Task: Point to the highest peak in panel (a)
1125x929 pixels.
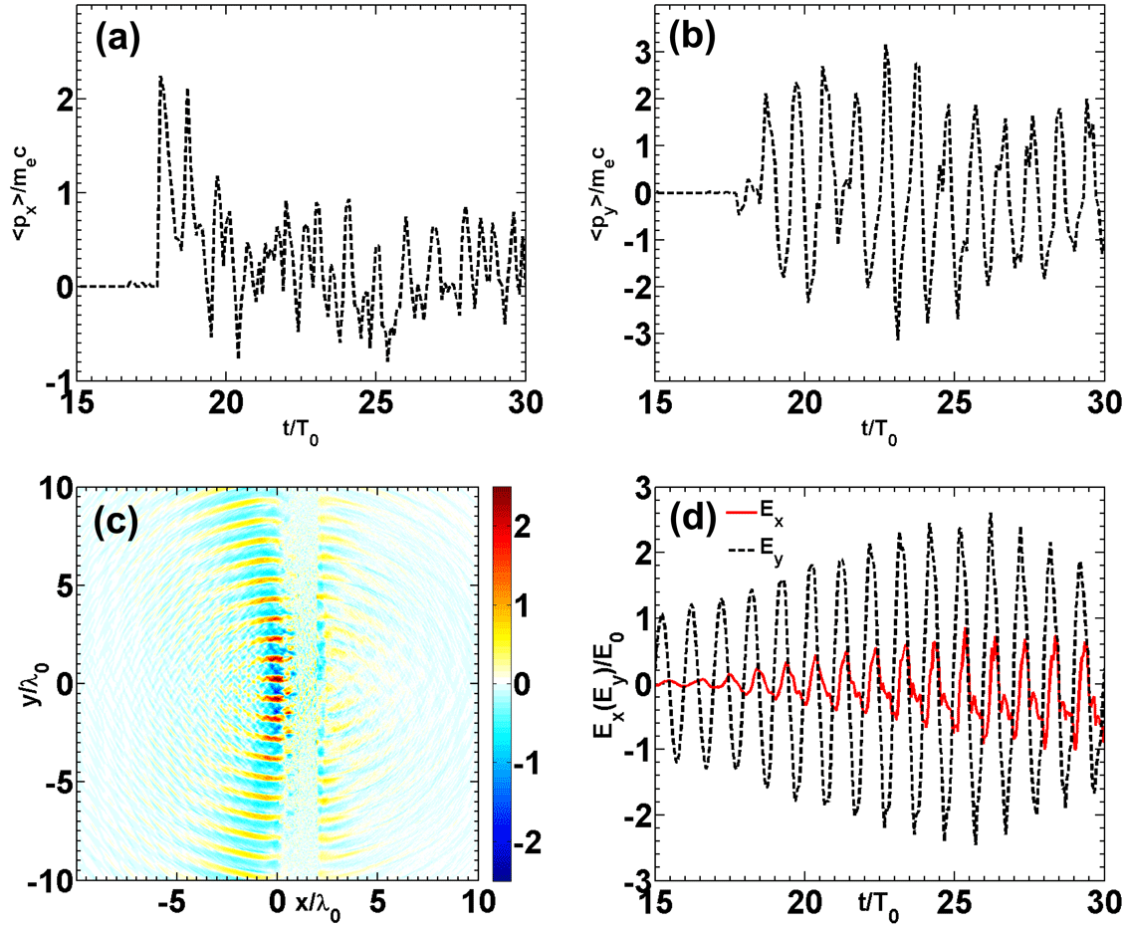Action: pyautogui.click(x=161, y=77)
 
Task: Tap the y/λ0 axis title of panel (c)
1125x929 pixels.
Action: pyautogui.click(x=22, y=683)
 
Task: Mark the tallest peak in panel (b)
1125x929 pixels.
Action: pyautogui.click(x=885, y=46)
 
